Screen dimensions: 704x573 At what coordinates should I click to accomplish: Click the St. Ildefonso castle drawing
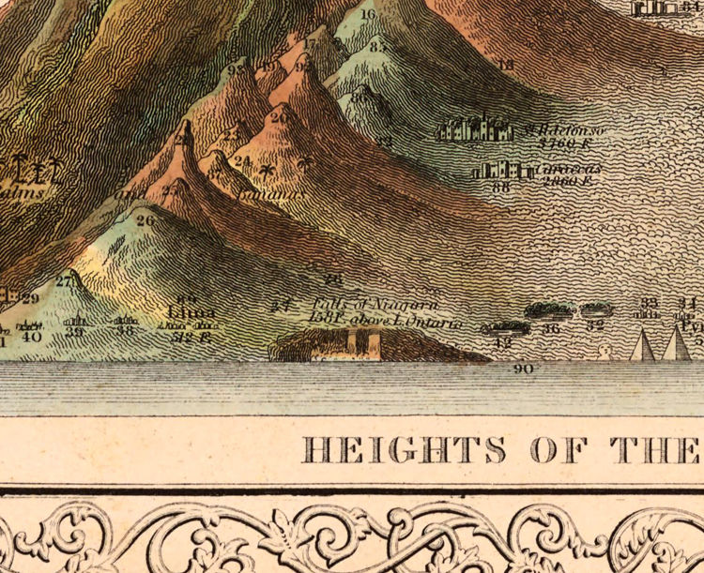[x=475, y=128]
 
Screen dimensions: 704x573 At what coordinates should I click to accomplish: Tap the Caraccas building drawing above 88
[x=500, y=171]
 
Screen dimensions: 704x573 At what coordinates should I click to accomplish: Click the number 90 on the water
[x=524, y=369]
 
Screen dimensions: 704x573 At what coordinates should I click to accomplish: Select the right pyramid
[x=677, y=344]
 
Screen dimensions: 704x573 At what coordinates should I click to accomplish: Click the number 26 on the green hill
[x=145, y=220]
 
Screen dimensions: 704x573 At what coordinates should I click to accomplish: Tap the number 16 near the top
[x=367, y=14]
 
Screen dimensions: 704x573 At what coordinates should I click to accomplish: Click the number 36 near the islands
[x=552, y=329]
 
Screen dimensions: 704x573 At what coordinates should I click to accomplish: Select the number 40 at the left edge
[x=32, y=336]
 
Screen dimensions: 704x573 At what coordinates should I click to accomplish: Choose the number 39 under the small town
[x=75, y=332]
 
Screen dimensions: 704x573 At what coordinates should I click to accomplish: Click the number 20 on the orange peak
[x=279, y=119]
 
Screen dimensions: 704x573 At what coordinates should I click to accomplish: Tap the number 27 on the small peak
[x=64, y=280]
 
